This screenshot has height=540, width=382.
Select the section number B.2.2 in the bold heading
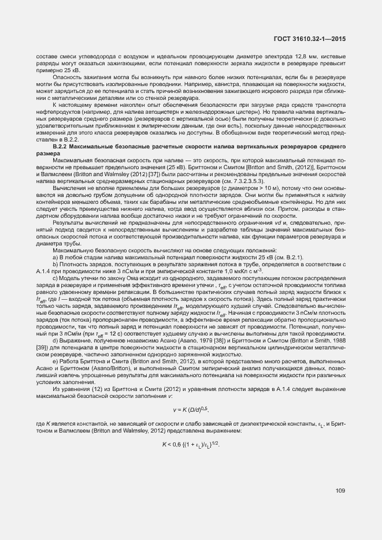pyautogui.click(x=61, y=148)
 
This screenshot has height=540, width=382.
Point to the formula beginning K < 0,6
pyautogui.click(x=191, y=444)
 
